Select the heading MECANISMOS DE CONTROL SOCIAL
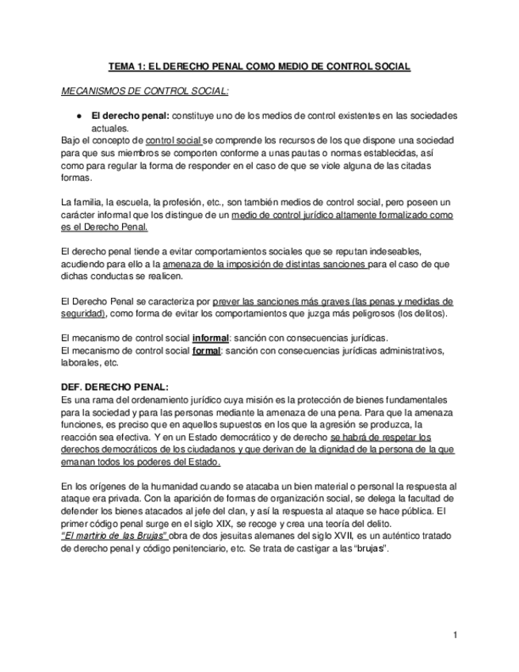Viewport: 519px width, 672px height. [x=145, y=91]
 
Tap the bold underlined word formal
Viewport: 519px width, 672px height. [x=207, y=350]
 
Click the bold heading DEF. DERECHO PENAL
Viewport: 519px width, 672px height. [x=114, y=388]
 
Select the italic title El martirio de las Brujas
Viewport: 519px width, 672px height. [x=113, y=536]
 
